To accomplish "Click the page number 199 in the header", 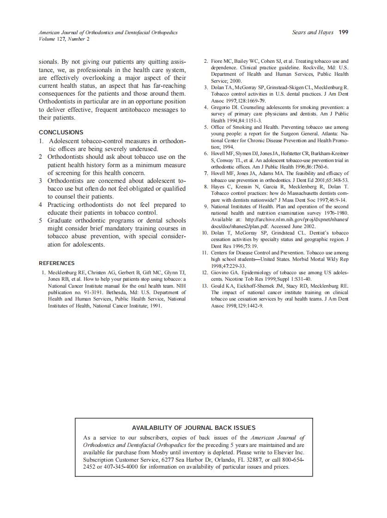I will [x=343, y=32].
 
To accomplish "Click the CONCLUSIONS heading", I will [x=61, y=132].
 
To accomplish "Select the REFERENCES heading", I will [x=56, y=263].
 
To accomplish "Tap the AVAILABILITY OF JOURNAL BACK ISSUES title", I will [x=193, y=428].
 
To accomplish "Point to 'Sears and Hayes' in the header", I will [x=313, y=32].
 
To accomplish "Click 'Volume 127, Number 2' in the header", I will [x=64, y=39].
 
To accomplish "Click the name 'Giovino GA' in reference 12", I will [x=226, y=273].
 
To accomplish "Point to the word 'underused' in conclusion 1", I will [x=143, y=149].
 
